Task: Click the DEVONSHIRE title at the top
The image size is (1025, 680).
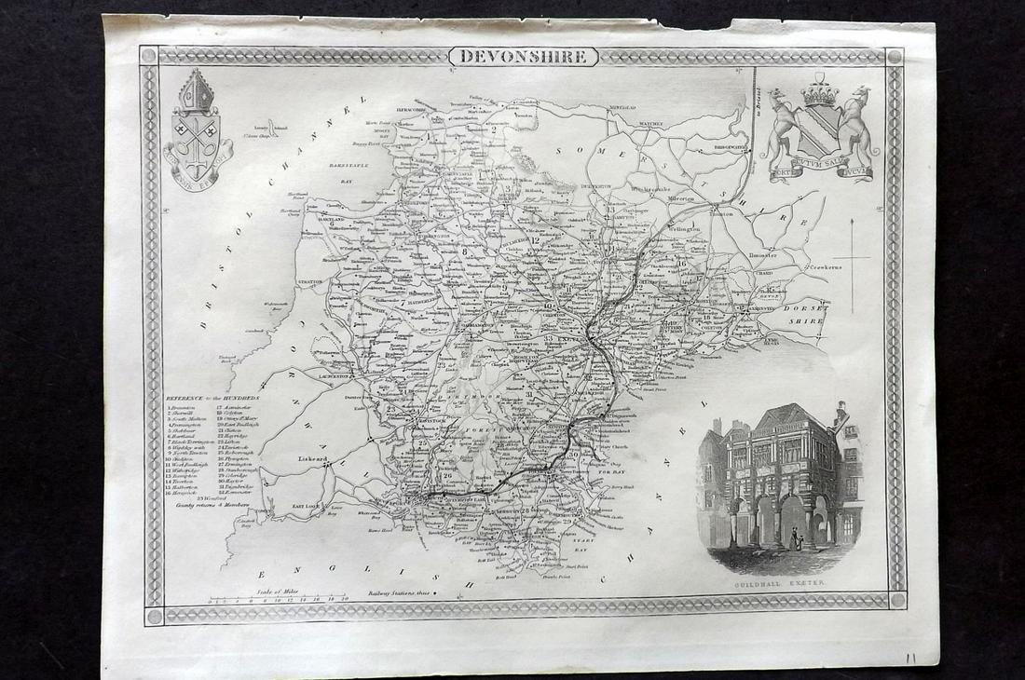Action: pos(524,57)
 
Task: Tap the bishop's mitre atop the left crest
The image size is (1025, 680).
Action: pos(198,91)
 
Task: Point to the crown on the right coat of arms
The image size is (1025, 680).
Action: pos(821,91)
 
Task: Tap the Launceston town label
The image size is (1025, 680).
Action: pos(338,376)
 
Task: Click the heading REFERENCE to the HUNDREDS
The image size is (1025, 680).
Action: pos(213,396)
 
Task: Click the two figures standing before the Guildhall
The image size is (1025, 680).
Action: pos(794,539)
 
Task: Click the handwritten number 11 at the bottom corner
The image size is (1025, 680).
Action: pos(909,658)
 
